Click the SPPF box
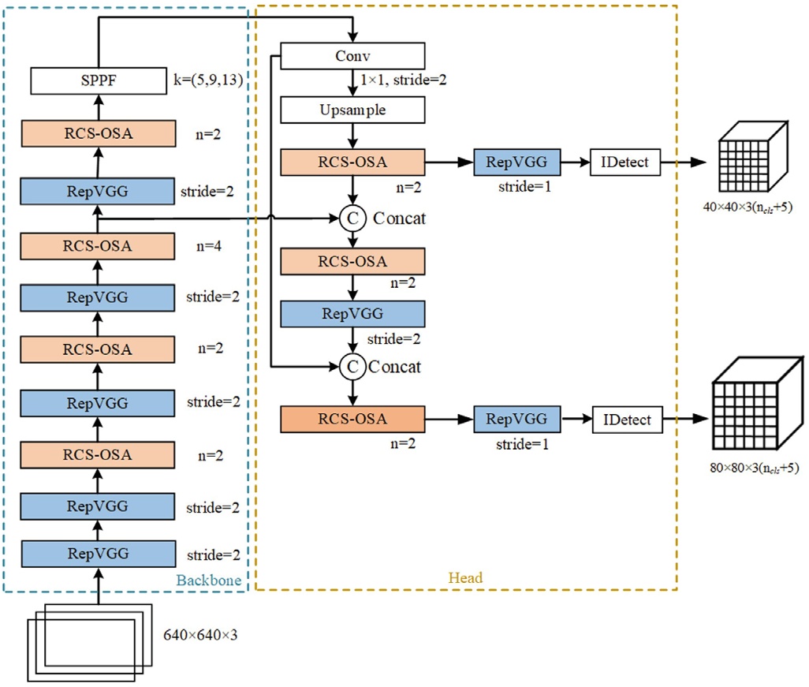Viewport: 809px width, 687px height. (99, 80)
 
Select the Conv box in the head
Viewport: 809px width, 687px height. (352, 56)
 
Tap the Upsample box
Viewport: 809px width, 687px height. (352, 110)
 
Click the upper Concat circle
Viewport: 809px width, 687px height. (353, 218)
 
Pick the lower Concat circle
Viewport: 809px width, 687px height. (353, 367)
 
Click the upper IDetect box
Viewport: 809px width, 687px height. (624, 162)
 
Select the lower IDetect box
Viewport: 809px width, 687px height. (628, 420)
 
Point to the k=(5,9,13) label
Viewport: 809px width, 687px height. (208, 80)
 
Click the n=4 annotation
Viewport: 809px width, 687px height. (209, 246)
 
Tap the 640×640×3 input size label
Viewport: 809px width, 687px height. (200, 635)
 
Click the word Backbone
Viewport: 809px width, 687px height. (209, 581)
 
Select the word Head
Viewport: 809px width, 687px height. (465, 577)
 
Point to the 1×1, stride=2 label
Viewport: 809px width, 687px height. (404, 80)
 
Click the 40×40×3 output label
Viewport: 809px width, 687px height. (747, 207)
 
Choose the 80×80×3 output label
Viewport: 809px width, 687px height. (755, 469)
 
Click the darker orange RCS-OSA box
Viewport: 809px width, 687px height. (352, 419)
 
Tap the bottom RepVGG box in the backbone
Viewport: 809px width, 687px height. (98, 554)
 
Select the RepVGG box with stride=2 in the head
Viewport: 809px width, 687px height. (352, 314)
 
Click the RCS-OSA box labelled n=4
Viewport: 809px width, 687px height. (98, 246)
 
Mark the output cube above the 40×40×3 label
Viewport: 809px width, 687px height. (753, 156)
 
